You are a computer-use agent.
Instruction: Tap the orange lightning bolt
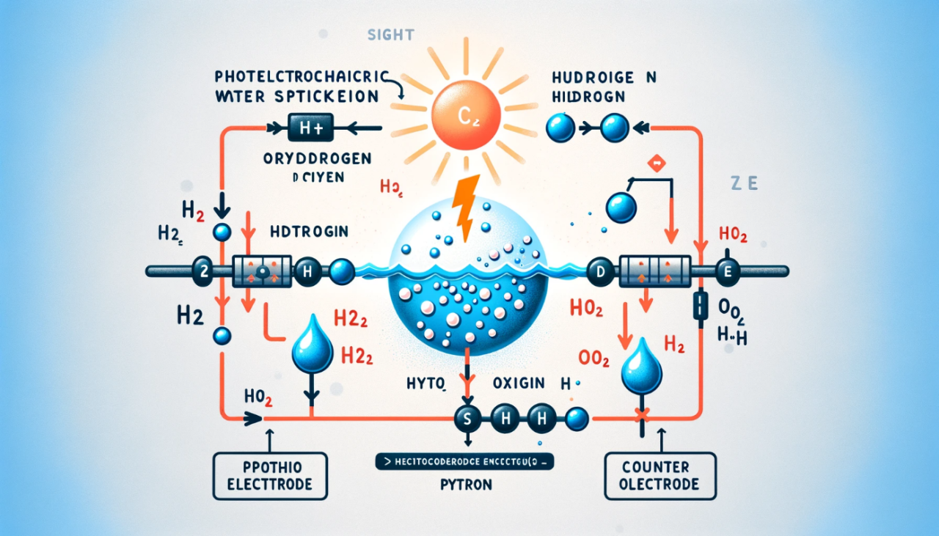pos(466,208)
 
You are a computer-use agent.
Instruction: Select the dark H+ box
pos(311,128)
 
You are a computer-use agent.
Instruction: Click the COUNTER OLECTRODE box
pos(660,474)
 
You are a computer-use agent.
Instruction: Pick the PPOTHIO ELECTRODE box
pos(270,474)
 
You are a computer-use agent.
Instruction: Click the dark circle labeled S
pos(467,419)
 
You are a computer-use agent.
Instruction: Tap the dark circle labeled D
pos(601,271)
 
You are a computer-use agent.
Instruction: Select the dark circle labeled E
pos(729,272)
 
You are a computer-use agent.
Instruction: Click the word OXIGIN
pos(518,383)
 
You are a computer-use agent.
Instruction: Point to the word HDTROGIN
pos(309,232)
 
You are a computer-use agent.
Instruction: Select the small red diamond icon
pos(657,164)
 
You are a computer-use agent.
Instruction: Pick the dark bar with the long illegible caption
pos(464,462)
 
